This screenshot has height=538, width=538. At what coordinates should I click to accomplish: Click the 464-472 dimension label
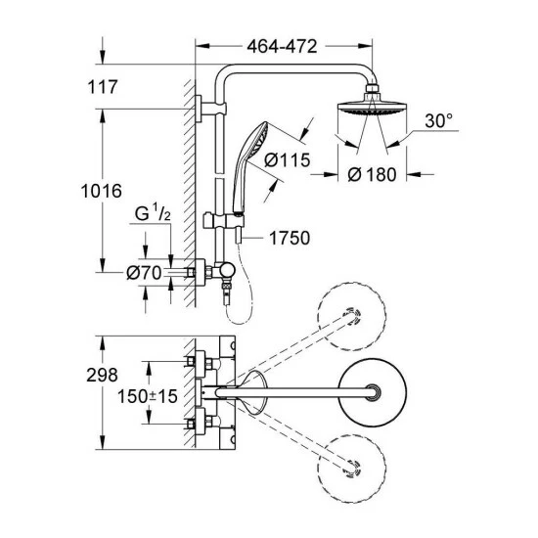coord(282,46)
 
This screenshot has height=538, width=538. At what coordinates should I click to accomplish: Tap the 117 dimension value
coord(103,87)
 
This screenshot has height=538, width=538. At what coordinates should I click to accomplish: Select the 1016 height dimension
coord(101,191)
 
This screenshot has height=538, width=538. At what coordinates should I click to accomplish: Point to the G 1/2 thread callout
coord(153,212)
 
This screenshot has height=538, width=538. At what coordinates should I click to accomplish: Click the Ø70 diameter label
coord(144,273)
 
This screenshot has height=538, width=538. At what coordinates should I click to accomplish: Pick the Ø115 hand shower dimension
coord(287,159)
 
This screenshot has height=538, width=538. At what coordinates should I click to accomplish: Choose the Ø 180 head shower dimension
coord(372,174)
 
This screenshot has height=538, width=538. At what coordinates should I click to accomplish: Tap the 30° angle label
coord(438,120)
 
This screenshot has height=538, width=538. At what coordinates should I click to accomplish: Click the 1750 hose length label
coord(290,238)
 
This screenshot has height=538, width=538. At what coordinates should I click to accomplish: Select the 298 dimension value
coord(102,375)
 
